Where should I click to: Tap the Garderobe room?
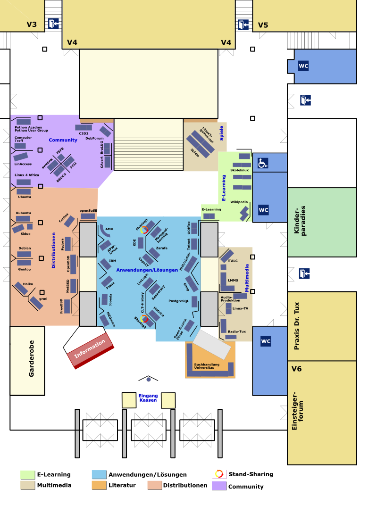pos(27,361)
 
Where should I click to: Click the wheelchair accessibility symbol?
pos(263,163)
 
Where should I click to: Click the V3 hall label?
pos(32,25)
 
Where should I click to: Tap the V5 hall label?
pos(263,25)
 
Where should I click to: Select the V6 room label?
pos(296,369)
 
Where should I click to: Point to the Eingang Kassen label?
pos(148,398)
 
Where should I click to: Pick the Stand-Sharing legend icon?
pos(219,474)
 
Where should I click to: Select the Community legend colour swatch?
pos(219,486)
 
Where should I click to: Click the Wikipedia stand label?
pos(239,202)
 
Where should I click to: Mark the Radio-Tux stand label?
pos(236,331)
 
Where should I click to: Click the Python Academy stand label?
pos(28,127)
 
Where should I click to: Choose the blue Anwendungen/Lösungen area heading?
pos(147,270)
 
